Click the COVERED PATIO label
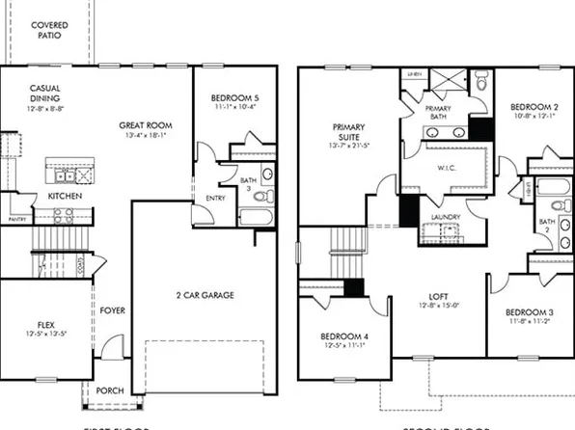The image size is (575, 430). click(48, 29)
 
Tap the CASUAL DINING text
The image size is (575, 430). click(44, 93)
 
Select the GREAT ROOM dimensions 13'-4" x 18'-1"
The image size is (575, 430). click(145, 136)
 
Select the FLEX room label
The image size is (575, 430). click(44, 324)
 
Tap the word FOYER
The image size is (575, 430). click(112, 310)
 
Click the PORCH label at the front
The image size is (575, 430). click(111, 390)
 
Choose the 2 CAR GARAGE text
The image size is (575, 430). click(204, 294)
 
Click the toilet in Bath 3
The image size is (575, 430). click(267, 175)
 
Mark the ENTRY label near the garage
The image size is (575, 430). click(214, 199)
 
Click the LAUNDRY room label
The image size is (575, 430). click(445, 217)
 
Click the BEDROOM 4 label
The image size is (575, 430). click(342, 336)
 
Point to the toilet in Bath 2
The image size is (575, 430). click(557, 204)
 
